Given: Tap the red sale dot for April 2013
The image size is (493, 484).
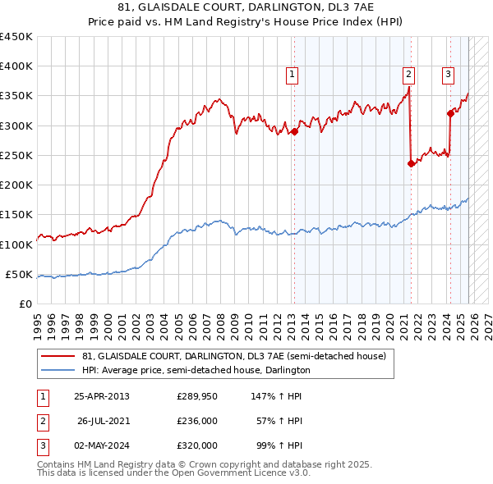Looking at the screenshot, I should pyautogui.click(x=294, y=131).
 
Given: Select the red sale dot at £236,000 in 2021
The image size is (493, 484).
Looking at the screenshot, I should pyautogui.click(x=410, y=163).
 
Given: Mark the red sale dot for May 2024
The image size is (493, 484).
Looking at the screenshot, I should pyautogui.click(x=449, y=113).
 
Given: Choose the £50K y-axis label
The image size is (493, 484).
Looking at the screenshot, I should pyautogui.click(x=20, y=274).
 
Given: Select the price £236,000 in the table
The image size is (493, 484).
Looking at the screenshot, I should pyautogui.click(x=197, y=421).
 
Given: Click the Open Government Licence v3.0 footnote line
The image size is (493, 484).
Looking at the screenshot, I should pyautogui.click(x=173, y=474).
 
